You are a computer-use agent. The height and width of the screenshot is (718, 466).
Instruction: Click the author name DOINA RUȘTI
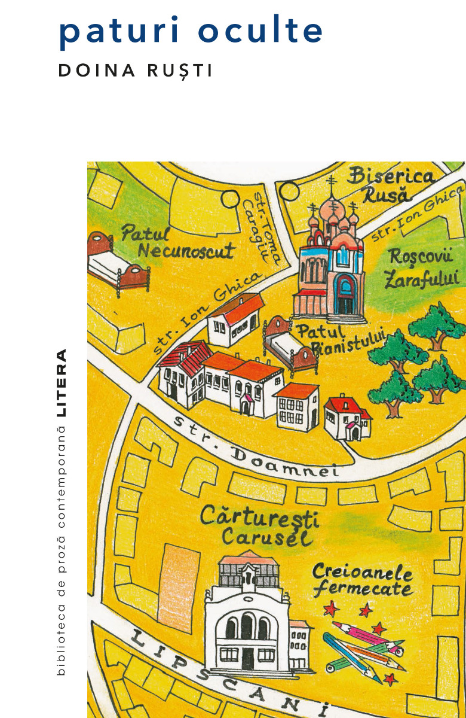pyautogui.click(x=135, y=70)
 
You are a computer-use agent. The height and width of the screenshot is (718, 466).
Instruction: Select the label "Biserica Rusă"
pyautogui.click(x=391, y=184)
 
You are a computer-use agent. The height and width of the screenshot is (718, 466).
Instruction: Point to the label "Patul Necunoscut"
pyautogui.click(x=178, y=242)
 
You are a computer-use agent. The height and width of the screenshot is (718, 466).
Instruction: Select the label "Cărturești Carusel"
pyautogui.click(x=260, y=525)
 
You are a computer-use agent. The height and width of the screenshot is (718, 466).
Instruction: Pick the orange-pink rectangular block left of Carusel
pyautogui.click(x=179, y=577)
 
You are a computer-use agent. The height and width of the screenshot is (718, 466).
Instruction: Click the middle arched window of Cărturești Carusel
pyautogui.click(x=246, y=625)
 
